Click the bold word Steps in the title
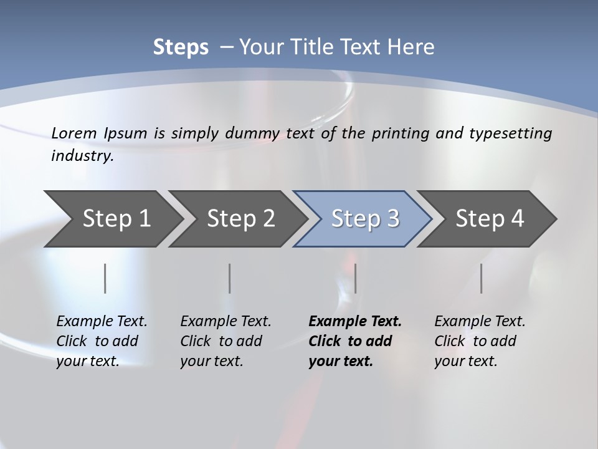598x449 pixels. click(181, 47)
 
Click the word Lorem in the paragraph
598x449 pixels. click(74, 133)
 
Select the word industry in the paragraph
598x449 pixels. click(82, 156)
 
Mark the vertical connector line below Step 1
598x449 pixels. click(105, 278)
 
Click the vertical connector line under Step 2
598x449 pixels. click(230, 278)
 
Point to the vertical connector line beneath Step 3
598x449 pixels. click(355, 278)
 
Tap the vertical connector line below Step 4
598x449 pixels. click(482, 278)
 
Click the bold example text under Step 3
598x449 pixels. click(355, 341)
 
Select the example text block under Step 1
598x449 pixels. click(102, 341)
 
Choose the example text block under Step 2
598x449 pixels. click(225, 341)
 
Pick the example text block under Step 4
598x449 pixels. click(480, 341)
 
